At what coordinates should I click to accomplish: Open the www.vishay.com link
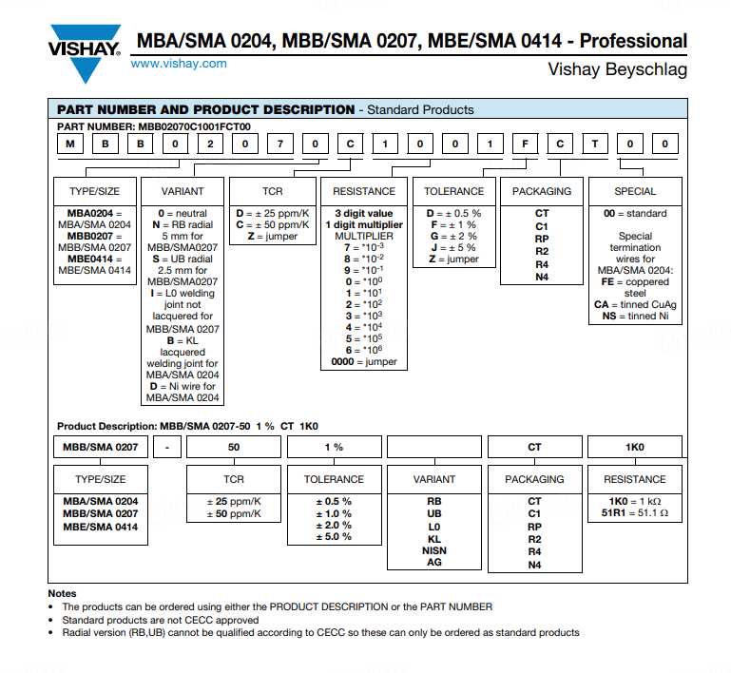179,64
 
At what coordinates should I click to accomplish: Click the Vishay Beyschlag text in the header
617,70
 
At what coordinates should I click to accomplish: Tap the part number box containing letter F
523,144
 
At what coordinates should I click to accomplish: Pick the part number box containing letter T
595,144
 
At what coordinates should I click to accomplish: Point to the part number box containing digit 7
280,144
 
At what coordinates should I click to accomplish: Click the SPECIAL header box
635,191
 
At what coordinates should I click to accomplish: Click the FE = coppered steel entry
634,287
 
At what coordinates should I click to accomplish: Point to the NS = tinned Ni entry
634,316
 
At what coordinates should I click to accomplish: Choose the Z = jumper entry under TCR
272,236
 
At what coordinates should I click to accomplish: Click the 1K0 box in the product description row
634,447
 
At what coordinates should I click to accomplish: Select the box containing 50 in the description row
234,447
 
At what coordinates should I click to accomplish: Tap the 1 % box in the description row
334,447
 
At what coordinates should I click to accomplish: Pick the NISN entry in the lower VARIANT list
433,550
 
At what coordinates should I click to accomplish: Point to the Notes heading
63,593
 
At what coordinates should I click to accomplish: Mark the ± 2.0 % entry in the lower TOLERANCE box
334,525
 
